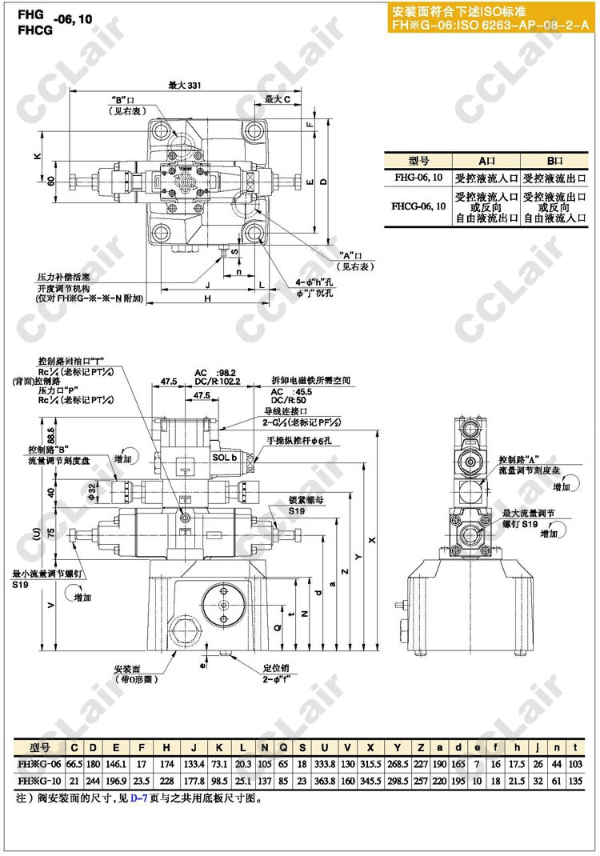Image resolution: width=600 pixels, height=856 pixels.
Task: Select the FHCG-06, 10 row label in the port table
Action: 418,205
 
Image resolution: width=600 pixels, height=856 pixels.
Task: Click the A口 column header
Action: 487,160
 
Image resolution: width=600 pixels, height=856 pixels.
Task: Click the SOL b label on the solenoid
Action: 225,457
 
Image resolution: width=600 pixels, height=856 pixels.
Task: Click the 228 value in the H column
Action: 166,780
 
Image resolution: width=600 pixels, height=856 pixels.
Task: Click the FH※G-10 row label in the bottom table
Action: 40,780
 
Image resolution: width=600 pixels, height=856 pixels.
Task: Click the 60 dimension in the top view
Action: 52,182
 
